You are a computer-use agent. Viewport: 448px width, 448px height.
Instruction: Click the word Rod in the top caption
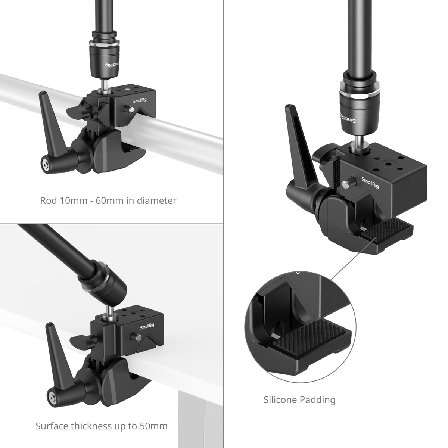click(x=49, y=200)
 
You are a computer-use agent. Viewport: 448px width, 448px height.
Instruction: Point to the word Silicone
click(x=280, y=400)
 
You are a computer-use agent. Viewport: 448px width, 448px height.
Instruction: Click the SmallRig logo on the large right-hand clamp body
click(x=370, y=183)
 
